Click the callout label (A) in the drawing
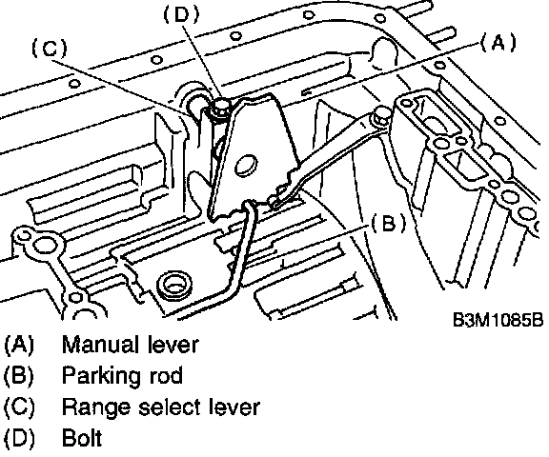pyautogui.click(x=498, y=43)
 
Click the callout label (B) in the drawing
pyautogui.click(x=389, y=224)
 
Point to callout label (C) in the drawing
pyautogui.click(x=50, y=48)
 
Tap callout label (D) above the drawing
pyautogui.click(x=181, y=14)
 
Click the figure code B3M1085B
pyautogui.click(x=498, y=319)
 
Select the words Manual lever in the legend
pyautogui.click(x=130, y=345)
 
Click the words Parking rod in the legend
pyautogui.click(x=122, y=376)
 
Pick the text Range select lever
pyautogui.click(x=161, y=407)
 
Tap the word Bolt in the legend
pyautogui.click(x=82, y=438)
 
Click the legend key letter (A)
pyautogui.click(x=19, y=345)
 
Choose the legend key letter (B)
pyautogui.click(x=19, y=375)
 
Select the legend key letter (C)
pyautogui.click(x=19, y=407)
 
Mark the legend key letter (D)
pyautogui.click(x=19, y=438)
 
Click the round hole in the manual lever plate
pyautogui.click(x=246, y=165)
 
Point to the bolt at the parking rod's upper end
pyautogui.click(x=381, y=117)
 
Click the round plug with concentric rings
pyautogui.click(x=174, y=284)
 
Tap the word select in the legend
pyautogui.click(x=170, y=407)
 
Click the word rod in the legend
pyautogui.click(x=166, y=376)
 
